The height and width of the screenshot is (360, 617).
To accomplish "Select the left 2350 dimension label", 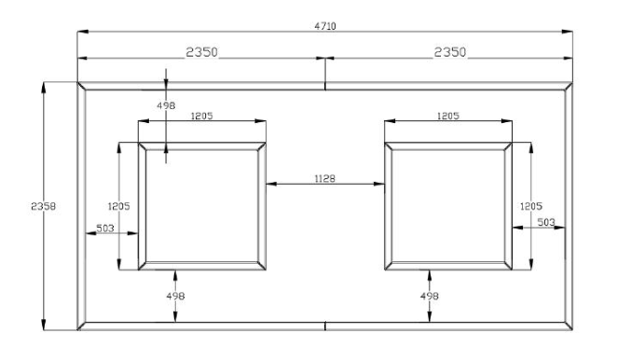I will tap(200, 52).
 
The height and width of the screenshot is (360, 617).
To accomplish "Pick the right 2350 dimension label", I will tap(449, 52).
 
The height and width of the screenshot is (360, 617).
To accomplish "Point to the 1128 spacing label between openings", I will tap(325, 176).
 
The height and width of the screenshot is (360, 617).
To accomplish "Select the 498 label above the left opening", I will tap(168, 106).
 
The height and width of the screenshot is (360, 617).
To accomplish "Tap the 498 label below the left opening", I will tap(176, 296).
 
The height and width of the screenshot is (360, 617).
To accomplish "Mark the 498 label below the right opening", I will tap(430, 296).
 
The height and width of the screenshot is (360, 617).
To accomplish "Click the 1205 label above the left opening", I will tap(201, 117).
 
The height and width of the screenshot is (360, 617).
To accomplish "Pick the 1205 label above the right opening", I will tap(447, 117).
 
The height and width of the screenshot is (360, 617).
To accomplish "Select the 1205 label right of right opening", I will tap(531, 205).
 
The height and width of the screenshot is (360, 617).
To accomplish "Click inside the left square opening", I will tap(200, 205).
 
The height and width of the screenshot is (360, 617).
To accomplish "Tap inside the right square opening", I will tap(447, 205).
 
